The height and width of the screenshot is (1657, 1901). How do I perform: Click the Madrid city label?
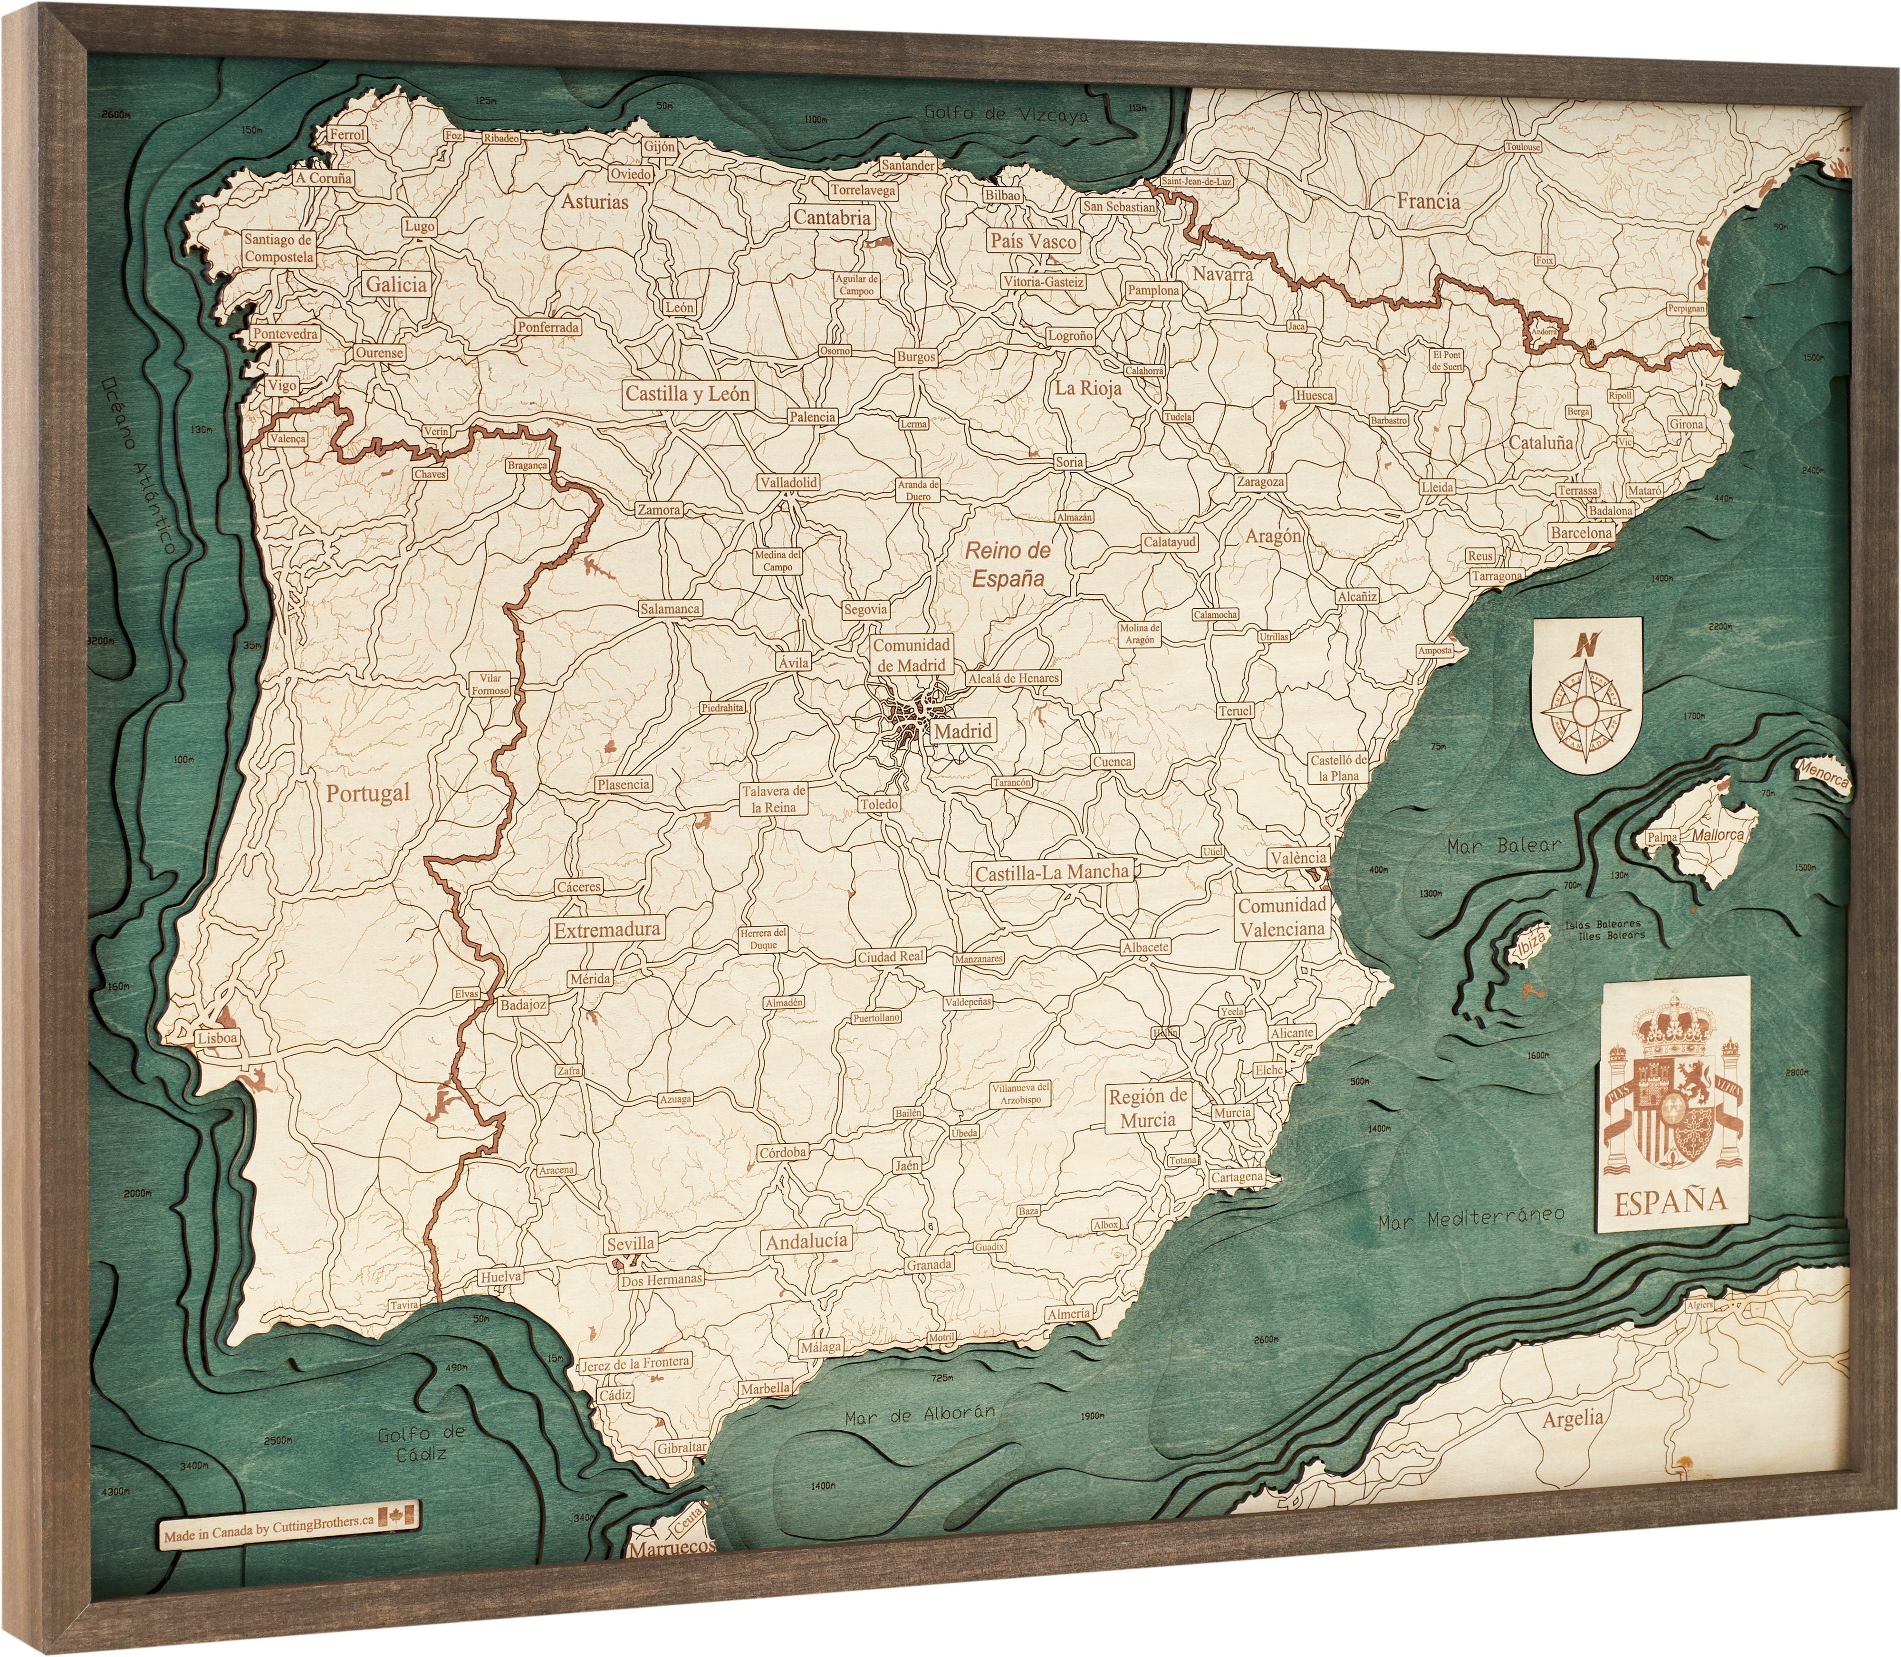[x=962, y=730]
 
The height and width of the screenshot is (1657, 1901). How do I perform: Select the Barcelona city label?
[x=1581, y=533]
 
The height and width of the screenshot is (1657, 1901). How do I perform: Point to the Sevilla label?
[x=631, y=1244]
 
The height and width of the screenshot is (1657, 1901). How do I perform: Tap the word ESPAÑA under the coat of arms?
[x=1671, y=1200]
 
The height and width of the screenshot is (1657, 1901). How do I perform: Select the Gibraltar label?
[x=682, y=1447]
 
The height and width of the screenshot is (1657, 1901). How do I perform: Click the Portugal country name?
[x=367, y=793]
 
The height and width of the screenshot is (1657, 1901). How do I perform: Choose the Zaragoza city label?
[x=1259, y=482]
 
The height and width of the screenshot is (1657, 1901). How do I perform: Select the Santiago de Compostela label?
[x=278, y=248]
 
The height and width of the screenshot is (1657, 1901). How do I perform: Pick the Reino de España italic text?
[x=1008, y=564]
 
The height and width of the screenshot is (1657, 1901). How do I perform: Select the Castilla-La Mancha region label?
[x=1052, y=871]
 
